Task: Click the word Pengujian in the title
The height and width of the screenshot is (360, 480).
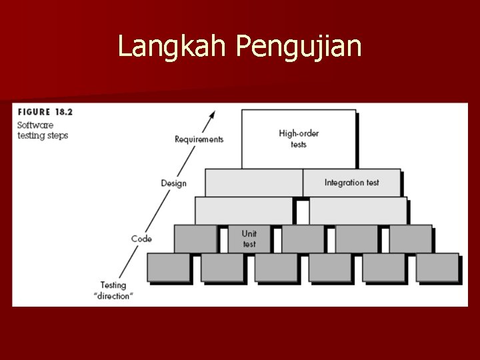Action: point(299,47)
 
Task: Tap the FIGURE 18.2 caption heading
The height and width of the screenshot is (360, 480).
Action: point(45,112)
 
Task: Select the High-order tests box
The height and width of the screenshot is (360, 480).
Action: point(298,139)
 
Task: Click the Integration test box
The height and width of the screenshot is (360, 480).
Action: point(351,183)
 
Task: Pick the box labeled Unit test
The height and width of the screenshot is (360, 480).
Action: point(249,239)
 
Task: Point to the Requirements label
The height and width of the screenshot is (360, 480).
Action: point(199,139)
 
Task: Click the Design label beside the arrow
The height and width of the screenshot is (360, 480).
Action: point(173,183)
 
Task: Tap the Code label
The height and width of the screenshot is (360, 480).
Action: point(141,239)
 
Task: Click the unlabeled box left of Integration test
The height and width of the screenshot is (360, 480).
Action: point(253,183)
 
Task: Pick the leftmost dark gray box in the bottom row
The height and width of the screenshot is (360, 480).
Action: point(169,267)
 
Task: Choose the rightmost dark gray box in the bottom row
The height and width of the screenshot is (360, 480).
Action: point(437,267)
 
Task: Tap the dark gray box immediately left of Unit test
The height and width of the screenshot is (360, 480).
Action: point(195,239)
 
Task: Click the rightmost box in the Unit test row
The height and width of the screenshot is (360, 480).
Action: point(411,239)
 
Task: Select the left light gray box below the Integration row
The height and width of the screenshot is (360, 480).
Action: point(243,211)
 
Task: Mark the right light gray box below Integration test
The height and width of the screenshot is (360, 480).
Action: point(358,211)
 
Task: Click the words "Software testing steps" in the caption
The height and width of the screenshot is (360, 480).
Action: point(43,130)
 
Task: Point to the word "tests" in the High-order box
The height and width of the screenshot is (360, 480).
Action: point(298,145)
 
